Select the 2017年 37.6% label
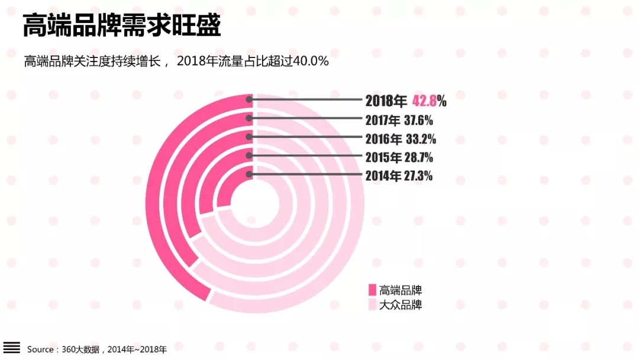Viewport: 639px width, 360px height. (399, 120)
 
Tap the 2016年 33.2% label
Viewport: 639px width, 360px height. (401, 139)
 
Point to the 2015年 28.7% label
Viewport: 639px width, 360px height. (399, 157)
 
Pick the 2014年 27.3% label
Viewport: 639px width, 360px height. (399, 176)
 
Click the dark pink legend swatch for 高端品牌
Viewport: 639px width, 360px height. (372, 290)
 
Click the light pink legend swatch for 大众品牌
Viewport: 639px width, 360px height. (372, 305)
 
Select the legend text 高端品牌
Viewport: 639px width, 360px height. (401, 290)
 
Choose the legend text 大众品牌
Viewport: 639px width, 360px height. (401, 306)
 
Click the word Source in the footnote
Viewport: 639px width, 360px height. (40, 349)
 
